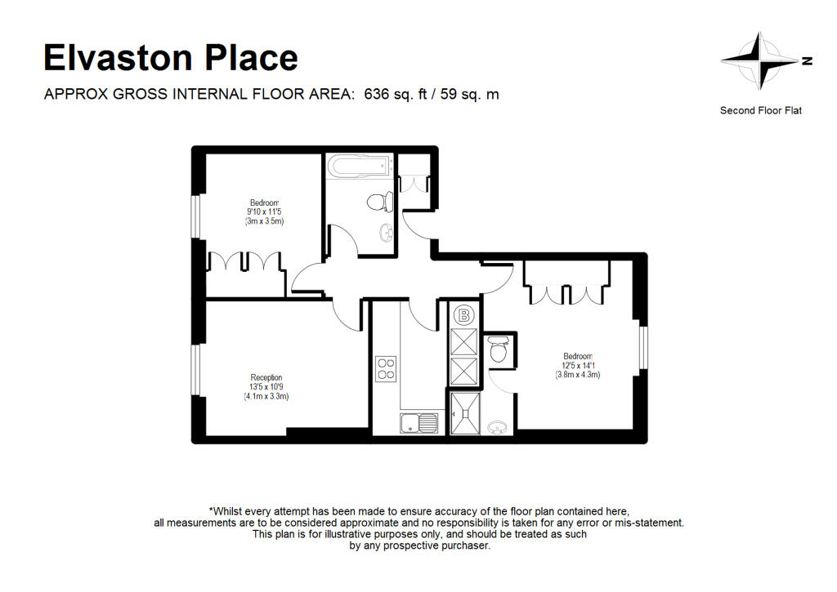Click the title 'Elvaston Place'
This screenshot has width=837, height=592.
pyautogui.click(x=171, y=58)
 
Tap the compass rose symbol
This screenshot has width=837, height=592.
pyautogui.click(x=763, y=60)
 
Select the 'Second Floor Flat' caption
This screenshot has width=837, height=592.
pyautogui.click(x=761, y=110)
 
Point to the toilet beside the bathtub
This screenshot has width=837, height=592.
pyautogui.click(x=380, y=203)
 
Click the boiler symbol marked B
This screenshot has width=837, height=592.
pyautogui.click(x=464, y=315)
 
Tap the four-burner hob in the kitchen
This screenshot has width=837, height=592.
pyautogui.click(x=386, y=369)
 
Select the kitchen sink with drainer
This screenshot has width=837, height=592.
pyautogui.click(x=419, y=423)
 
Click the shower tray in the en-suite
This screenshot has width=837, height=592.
pyautogui.click(x=465, y=413)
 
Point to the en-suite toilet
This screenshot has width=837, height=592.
pyautogui.click(x=499, y=349)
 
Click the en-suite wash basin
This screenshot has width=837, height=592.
pyautogui.click(x=498, y=427)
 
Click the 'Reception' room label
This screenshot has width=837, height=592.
pyautogui.click(x=266, y=377)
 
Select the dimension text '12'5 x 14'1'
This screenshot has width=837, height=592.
pyautogui.click(x=578, y=366)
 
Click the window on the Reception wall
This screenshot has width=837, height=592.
pyautogui.click(x=196, y=370)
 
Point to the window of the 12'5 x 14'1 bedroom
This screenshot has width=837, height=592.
pyautogui.click(x=644, y=347)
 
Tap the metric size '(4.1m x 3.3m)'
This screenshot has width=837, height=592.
pyautogui.click(x=266, y=396)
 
